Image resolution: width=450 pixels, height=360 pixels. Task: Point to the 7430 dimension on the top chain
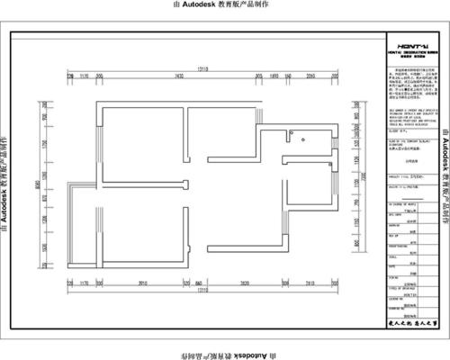click(179, 76)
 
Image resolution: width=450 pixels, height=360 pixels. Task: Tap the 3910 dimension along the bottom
click(142, 283)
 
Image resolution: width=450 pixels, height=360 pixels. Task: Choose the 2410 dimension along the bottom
click(334, 283)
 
